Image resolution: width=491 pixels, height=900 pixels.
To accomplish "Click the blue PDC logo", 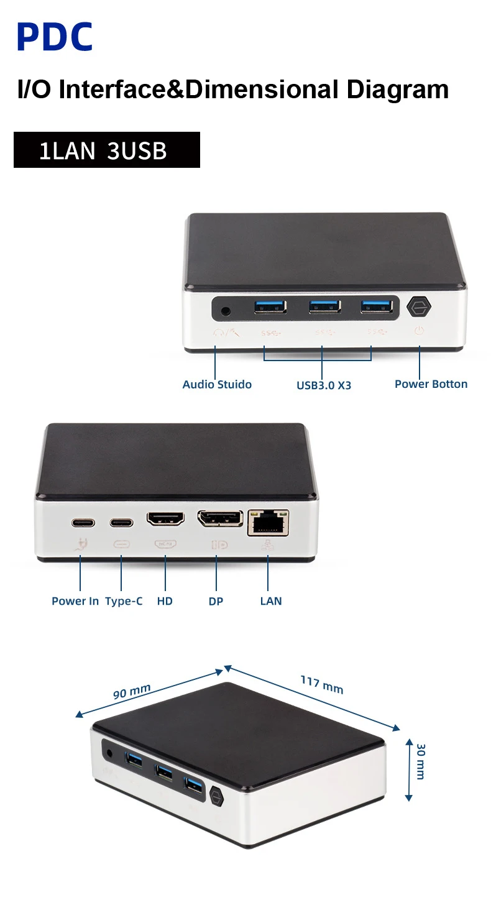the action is pos(55,37).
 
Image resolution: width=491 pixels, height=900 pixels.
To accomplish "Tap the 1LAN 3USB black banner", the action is pos(106,150).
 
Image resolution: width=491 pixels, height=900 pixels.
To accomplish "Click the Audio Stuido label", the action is pos(217,384).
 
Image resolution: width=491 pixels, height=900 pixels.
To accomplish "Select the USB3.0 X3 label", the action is pos(323,385).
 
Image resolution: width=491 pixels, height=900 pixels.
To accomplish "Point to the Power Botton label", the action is pos(431,384).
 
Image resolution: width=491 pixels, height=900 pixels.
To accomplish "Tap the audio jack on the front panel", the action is pos(226,308).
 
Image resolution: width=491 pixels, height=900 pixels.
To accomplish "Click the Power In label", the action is pos(75,601).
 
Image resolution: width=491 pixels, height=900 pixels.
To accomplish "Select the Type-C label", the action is pos(124,601).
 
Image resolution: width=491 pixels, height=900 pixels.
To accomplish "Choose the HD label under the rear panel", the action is pos(165,601).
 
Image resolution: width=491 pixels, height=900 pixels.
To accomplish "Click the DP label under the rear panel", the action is pos(216,601).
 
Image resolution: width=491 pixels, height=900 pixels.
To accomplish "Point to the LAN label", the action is pos(271,601).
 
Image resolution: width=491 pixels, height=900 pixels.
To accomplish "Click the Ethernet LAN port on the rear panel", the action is pos(268,522).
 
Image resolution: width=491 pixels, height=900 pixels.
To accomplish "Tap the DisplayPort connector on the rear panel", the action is pos(220,519).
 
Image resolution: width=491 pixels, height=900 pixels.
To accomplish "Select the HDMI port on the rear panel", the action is pos(165,519).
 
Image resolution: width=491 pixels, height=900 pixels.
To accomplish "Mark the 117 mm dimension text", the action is pos(322,684).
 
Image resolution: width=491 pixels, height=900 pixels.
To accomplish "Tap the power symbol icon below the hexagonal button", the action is pos(419,331).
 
